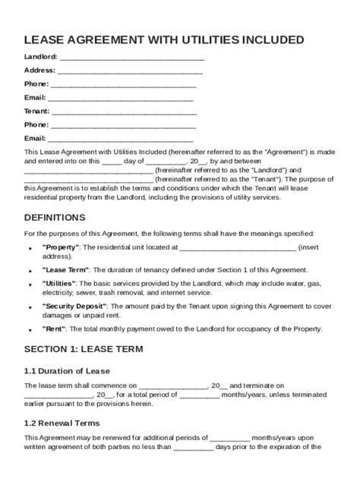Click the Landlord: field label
(x=40, y=57)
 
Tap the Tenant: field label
(x=37, y=111)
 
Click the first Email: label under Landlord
(x=35, y=97)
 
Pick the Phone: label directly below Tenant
(x=36, y=124)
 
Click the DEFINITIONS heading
(x=59, y=217)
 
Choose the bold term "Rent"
(x=55, y=329)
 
